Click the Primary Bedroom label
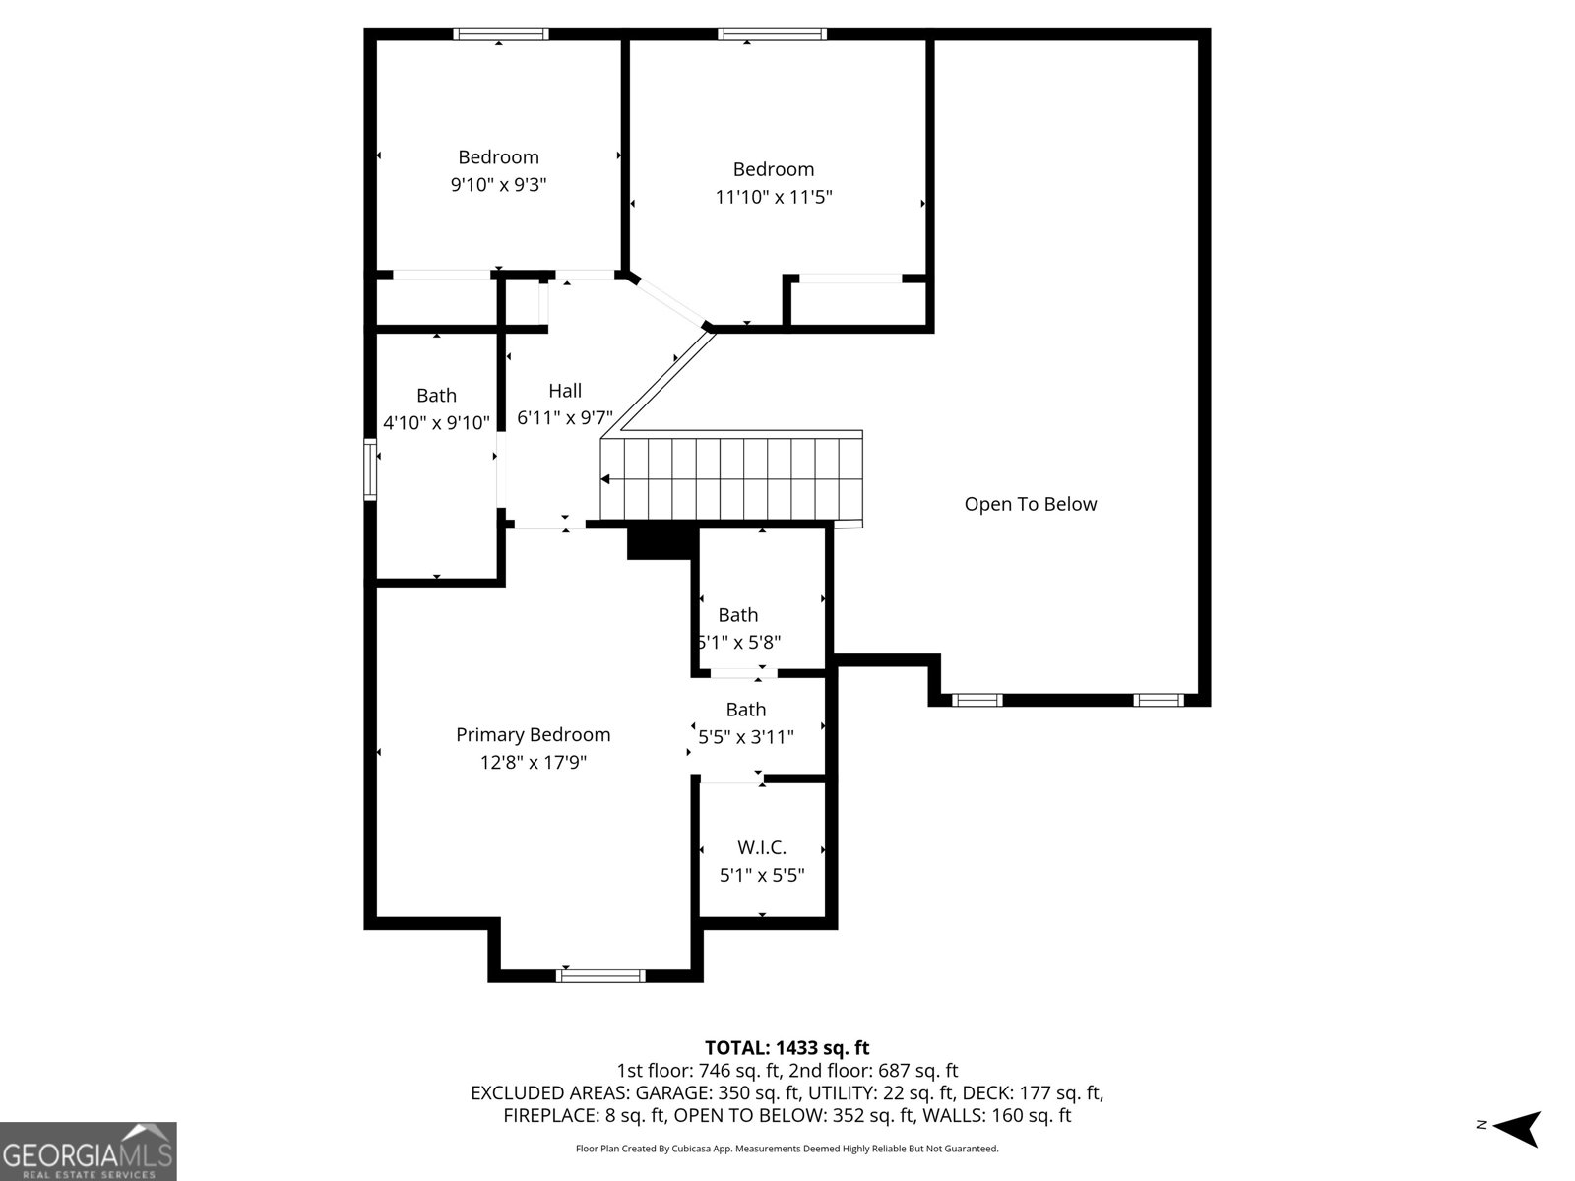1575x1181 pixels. click(x=533, y=734)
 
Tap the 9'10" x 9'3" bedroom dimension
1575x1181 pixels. click(x=498, y=184)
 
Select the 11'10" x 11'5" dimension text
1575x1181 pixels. click(x=774, y=197)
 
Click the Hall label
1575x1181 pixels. click(x=565, y=391)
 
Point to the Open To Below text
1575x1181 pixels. click(x=1030, y=504)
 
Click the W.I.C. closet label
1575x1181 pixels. click(x=762, y=847)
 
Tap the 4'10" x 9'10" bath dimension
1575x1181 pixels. click(x=436, y=423)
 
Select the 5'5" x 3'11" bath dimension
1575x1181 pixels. click(x=746, y=736)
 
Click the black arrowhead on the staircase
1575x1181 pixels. click(x=605, y=479)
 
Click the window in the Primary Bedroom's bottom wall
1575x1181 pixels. click(x=601, y=975)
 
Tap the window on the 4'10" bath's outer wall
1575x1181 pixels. click(x=371, y=470)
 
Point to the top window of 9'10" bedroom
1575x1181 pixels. click(x=501, y=34)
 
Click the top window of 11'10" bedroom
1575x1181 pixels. click(x=773, y=34)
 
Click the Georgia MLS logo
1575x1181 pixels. click(x=88, y=1151)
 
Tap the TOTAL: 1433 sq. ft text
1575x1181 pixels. click(x=787, y=1048)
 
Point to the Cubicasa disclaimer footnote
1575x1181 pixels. click(x=787, y=1149)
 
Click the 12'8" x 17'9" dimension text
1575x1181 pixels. click(x=533, y=762)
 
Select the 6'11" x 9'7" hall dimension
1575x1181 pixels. click(x=565, y=418)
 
